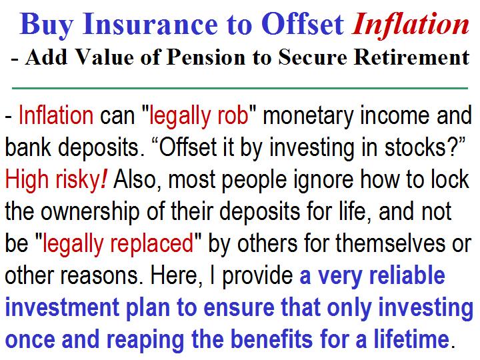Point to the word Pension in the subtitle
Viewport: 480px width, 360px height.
(206, 57)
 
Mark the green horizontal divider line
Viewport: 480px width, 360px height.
(240, 88)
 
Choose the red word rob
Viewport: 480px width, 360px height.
(233, 115)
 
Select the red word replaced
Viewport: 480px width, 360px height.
(152, 244)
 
